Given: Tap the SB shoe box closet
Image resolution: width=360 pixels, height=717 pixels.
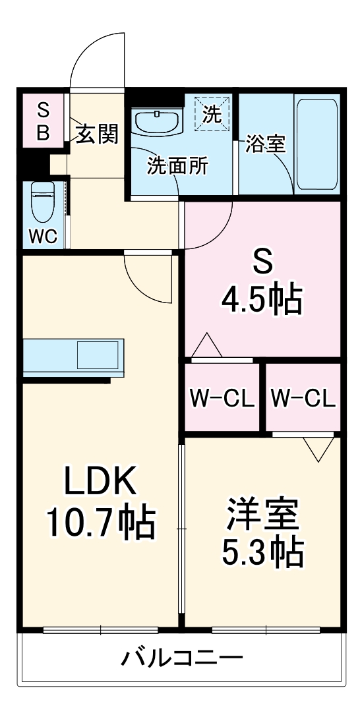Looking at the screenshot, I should [x=42, y=121].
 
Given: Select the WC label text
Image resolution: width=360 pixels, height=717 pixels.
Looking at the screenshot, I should [x=43, y=235].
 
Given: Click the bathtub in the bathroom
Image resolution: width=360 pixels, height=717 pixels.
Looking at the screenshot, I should [x=316, y=144].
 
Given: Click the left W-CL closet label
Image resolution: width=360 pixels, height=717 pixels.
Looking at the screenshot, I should [x=222, y=398].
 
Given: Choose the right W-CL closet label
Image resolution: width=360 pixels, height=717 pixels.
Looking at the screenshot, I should [x=303, y=398].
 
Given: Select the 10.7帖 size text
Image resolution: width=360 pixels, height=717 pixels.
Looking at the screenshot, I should [x=100, y=523].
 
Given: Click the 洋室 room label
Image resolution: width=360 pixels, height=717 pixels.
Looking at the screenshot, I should [x=262, y=515].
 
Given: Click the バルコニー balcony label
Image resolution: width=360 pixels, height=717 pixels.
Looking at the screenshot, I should [x=182, y=657].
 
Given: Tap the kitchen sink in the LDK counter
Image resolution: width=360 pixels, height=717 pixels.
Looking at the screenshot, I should [x=98, y=355].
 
